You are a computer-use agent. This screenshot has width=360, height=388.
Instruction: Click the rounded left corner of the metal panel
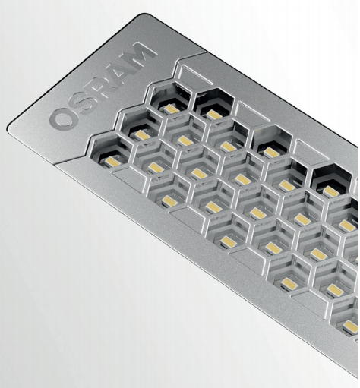(x=10, y=127)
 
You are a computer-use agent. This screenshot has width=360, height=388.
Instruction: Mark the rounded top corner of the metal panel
(x=141, y=17)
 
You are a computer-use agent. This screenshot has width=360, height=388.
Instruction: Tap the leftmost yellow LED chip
(x=112, y=162)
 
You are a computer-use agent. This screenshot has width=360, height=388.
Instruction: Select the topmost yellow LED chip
(x=172, y=109)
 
